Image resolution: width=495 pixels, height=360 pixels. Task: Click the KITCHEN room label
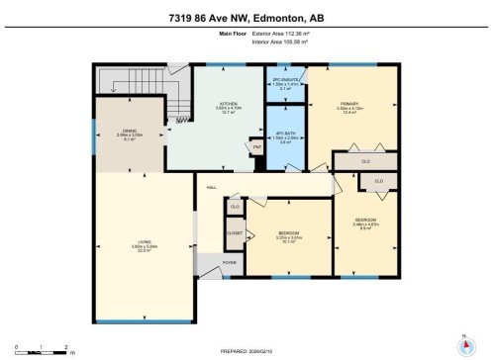231,103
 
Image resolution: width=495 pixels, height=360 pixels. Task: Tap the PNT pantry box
255,145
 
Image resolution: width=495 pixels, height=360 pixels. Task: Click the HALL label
211,187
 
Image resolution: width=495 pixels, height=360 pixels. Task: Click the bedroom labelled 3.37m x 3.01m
289,235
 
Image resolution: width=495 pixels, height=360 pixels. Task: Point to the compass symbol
462,345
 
